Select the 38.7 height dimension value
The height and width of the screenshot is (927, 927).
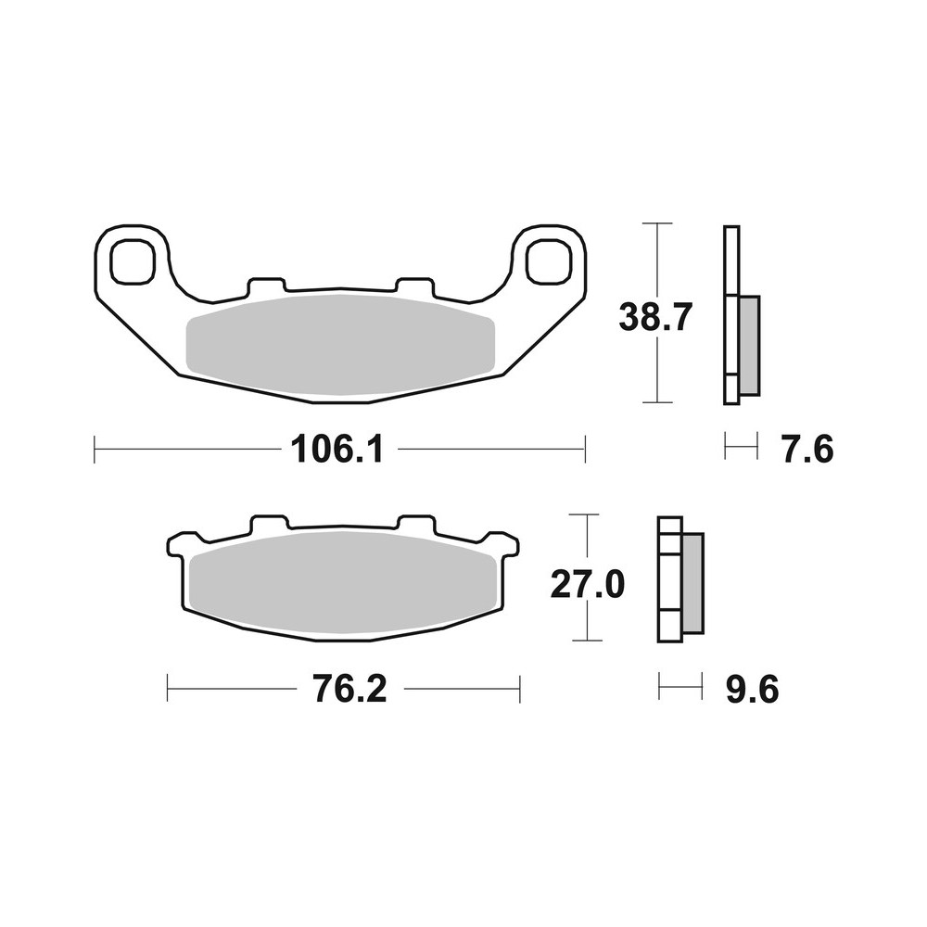coord(655,319)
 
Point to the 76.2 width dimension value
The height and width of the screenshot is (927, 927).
coord(342,690)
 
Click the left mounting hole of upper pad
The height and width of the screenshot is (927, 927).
coord(130,260)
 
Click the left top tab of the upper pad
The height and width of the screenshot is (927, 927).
coord(266,283)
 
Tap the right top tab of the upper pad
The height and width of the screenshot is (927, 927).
coord(413,283)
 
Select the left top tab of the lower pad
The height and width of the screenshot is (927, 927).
coord(267,524)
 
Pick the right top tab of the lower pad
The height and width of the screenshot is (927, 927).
coord(415,524)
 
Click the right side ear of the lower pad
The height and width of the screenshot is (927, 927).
coord(505,544)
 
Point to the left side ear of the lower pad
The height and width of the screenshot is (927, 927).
coord(179,544)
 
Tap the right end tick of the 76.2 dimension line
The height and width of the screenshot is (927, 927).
coord(519,690)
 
